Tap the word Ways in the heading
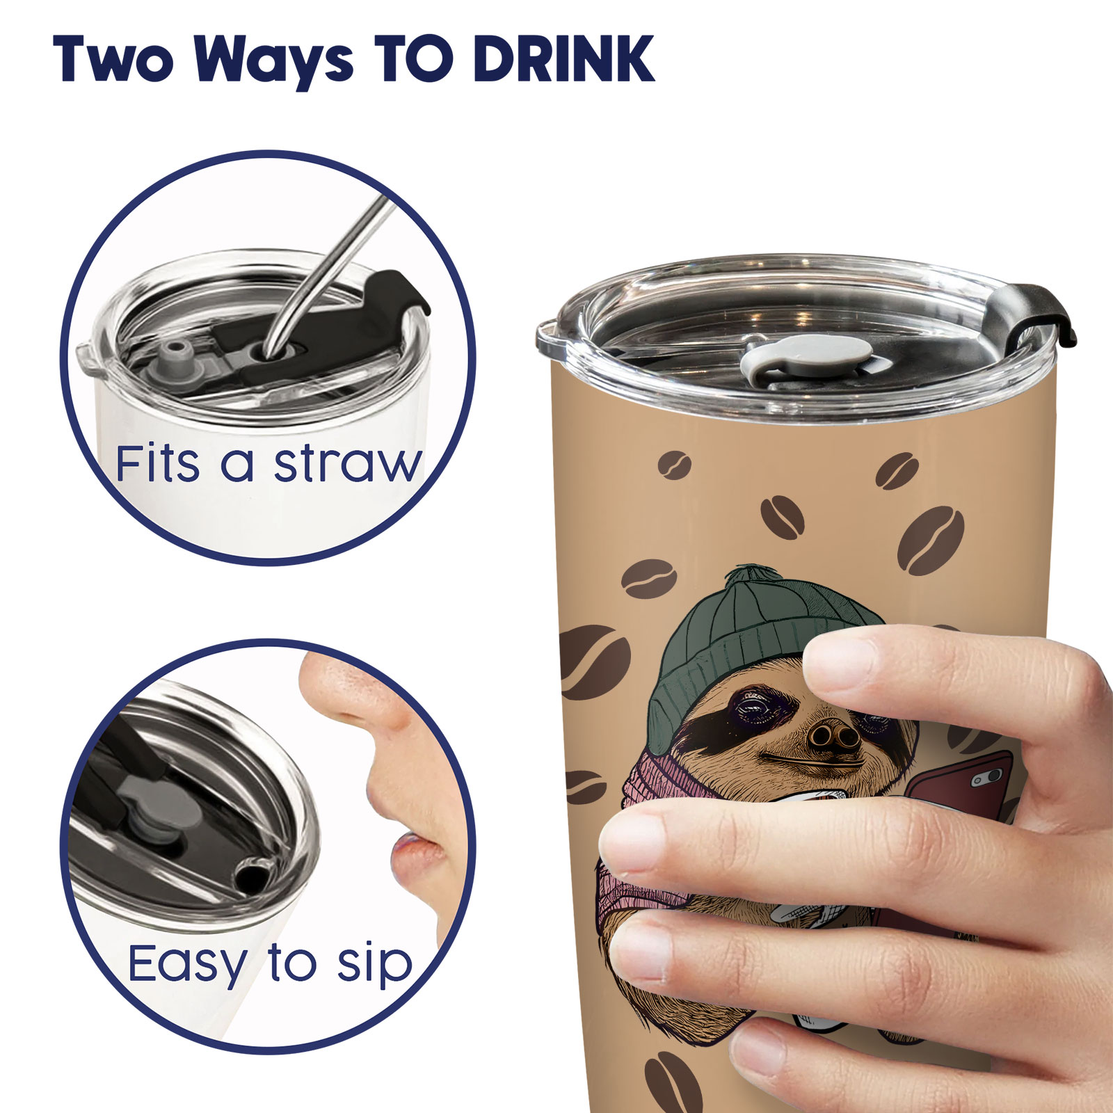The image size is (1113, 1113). pyautogui.click(x=274, y=62)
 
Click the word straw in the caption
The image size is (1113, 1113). pyautogui.click(x=347, y=463)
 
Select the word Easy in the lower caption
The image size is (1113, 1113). pyautogui.click(x=188, y=965)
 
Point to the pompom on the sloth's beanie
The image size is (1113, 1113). pyautogui.click(x=755, y=577)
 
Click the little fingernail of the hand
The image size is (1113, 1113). pyautogui.click(x=758, y=1067)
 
